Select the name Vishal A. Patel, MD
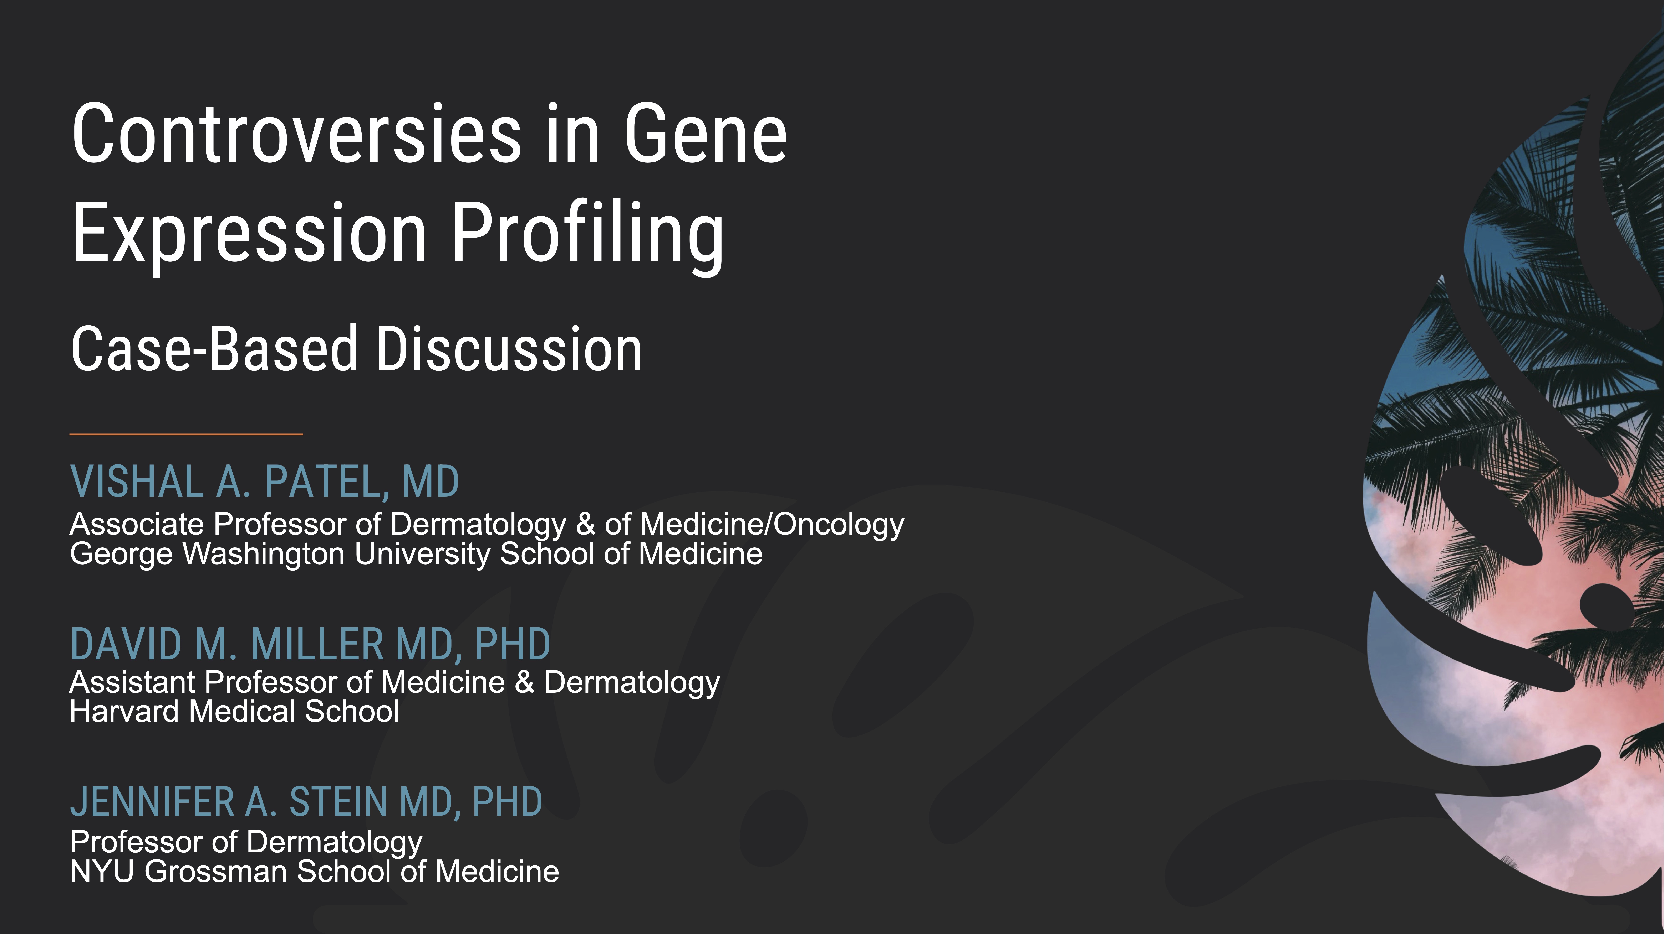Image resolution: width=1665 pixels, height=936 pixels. click(x=264, y=482)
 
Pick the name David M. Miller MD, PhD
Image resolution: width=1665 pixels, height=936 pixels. click(x=310, y=645)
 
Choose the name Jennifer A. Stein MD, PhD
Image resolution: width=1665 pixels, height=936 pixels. click(x=306, y=802)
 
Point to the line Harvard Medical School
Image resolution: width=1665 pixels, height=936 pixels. click(x=234, y=711)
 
